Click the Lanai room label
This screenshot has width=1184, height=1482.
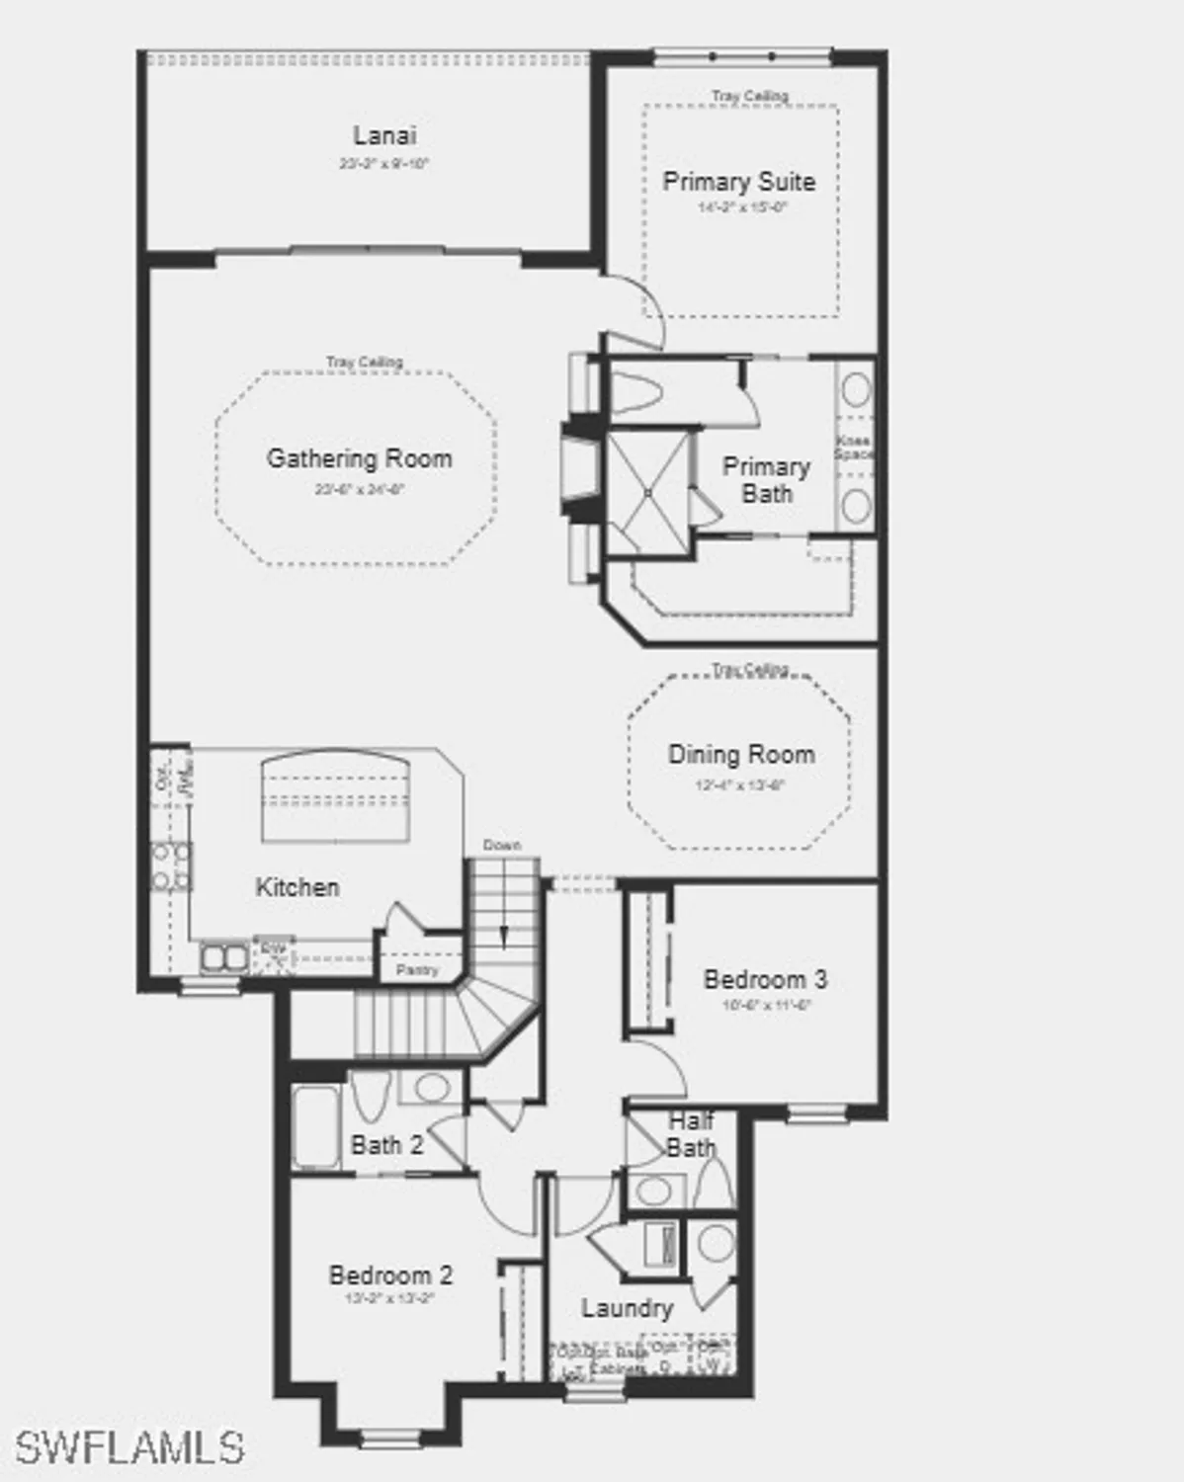[x=384, y=135]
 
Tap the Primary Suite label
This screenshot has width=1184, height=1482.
[x=738, y=182]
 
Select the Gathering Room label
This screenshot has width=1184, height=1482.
[x=359, y=458]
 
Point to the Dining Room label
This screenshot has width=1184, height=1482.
[x=741, y=755]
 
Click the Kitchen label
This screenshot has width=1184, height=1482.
[x=297, y=887]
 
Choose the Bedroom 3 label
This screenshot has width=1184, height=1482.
[x=765, y=979]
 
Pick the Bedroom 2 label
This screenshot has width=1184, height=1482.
[x=390, y=1276]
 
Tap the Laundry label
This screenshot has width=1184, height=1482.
[x=627, y=1308]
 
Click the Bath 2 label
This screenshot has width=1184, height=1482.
[x=386, y=1145]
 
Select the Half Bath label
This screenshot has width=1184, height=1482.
[x=691, y=1134]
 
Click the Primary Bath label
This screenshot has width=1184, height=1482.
[x=766, y=479]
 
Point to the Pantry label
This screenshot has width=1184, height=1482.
[x=417, y=970]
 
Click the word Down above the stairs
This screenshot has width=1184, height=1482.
[x=502, y=846]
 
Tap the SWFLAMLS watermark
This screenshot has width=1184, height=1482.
[x=128, y=1447]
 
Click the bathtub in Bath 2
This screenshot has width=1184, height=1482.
[x=316, y=1127]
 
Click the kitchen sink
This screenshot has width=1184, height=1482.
[x=224, y=957]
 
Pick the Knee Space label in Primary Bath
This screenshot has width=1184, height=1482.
[x=853, y=448]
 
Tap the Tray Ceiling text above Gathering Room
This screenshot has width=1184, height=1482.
[x=365, y=363]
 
